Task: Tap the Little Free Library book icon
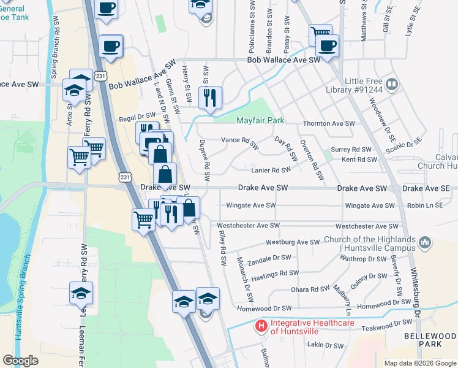click(391, 84)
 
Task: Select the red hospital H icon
click(261, 325)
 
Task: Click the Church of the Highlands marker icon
click(426, 243)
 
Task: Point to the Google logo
click(20, 360)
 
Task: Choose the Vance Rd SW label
click(241, 144)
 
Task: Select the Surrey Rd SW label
click(351, 149)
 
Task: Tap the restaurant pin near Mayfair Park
click(211, 97)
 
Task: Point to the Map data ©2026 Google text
click(419, 363)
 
